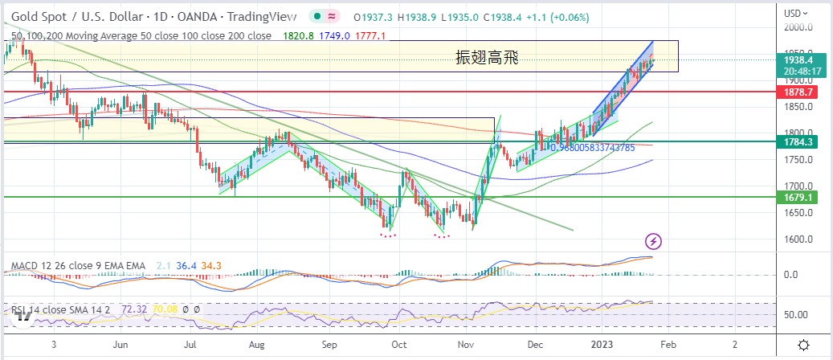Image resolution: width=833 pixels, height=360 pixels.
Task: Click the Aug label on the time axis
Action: [257, 342]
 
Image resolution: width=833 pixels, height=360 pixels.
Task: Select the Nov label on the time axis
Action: [465, 342]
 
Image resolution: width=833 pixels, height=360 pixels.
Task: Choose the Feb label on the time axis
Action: [667, 342]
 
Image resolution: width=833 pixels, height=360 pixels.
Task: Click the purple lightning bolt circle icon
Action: [654, 240]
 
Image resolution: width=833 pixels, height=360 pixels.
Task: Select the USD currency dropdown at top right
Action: [798, 13]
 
